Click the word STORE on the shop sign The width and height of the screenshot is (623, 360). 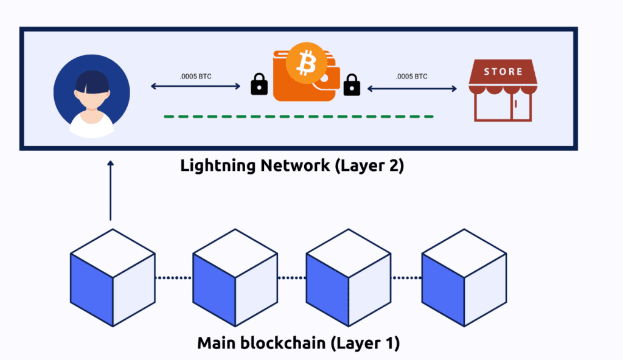pyautogui.click(x=503, y=72)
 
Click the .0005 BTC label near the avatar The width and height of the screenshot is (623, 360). pyautogui.click(x=196, y=77)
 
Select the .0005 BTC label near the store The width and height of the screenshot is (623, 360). pyautogui.click(x=411, y=77)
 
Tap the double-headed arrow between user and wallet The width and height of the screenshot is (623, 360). pyautogui.click(x=196, y=87)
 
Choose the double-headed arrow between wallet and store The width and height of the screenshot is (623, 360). pyautogui.click(x=411, y=89)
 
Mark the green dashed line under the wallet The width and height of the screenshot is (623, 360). pyautogui.click(x=298, y=116)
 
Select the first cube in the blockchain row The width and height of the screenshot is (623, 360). pyautogui.click(x=113, y=277)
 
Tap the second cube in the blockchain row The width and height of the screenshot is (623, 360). pyautogui.click(x=235, y=277)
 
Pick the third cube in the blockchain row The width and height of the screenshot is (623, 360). pyautogui.click(x=348, y=277)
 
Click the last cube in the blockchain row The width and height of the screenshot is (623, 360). pyautogui.click(x=464, y=277)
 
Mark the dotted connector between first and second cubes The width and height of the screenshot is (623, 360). pyautogui.click(x=173, y=278)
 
